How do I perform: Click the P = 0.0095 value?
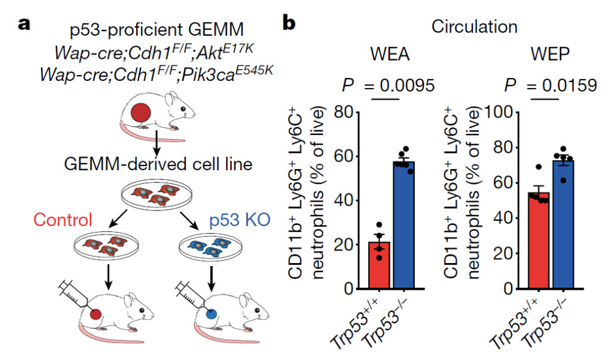coord(388,86)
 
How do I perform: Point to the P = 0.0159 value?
coord(549,86)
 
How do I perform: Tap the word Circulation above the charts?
coord(474,27)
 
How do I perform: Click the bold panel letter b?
coord(290,24)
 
